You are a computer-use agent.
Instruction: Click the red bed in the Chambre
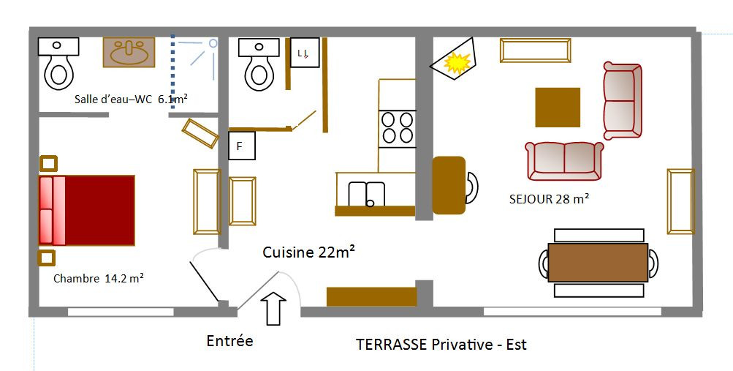[x=87, y=211]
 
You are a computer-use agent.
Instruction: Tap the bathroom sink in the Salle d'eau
[x=129, y=53]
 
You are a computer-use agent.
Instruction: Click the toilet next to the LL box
[x=259, y=64]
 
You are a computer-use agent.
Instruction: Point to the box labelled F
[x=242, y=146]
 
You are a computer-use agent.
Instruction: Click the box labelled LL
[x=305, y=53]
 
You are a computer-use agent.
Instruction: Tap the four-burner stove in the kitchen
[x=397, y=129]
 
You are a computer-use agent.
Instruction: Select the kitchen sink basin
[x=367, y=194]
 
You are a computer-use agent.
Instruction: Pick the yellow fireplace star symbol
[x=457, y=64]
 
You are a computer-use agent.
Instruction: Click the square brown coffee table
[x=558, y=108]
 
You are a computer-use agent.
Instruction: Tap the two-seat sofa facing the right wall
[x=622, y=100]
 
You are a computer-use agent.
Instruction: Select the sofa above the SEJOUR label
[x=564, y=161]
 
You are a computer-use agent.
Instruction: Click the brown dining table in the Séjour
[x=598, y=263]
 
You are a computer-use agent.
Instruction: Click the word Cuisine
[x=288, y=252]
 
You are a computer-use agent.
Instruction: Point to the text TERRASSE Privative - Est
[x=441, y=345]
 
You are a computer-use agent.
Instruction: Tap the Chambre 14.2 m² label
[x=98, y=278]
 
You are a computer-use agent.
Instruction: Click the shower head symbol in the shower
[x=213, y=43]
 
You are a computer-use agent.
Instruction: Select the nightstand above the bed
[x=49, y=164]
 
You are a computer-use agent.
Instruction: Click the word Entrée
[x=229, y=340]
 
